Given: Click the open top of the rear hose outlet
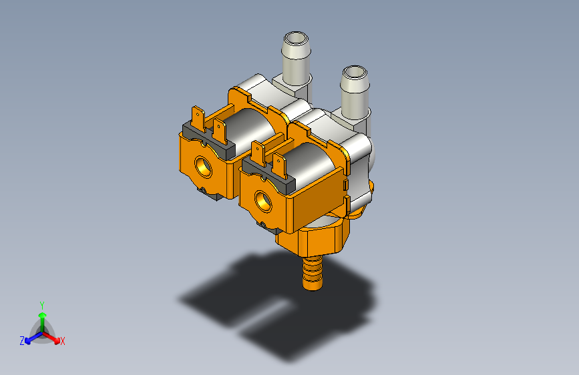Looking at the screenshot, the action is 296,39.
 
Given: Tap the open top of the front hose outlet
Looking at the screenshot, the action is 355,73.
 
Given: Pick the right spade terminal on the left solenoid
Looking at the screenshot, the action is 220,131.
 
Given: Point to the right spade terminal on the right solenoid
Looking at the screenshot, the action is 280,166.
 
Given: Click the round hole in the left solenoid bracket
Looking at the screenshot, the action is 204,167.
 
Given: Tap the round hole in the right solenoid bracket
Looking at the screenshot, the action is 263,202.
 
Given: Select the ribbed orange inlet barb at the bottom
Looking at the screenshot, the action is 313,274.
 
